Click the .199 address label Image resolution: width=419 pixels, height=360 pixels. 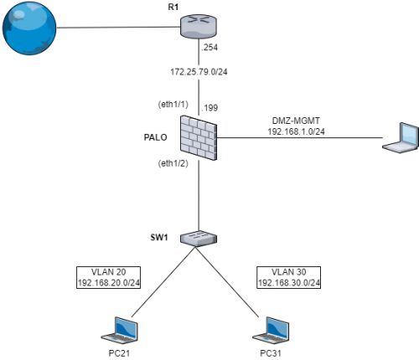tap(209, 108)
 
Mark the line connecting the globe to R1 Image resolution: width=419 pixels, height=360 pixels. tap(117, 28)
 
